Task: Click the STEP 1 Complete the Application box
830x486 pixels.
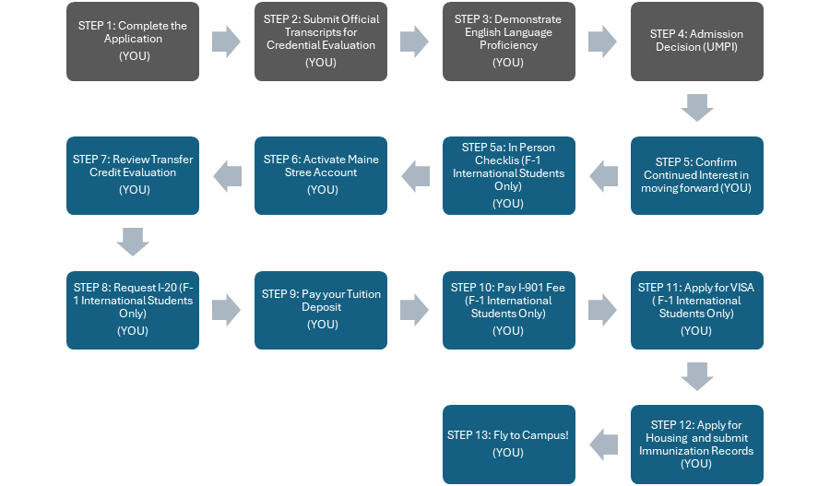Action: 133,41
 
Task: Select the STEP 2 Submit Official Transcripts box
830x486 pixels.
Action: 321,41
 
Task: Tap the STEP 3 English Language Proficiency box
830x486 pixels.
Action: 508,41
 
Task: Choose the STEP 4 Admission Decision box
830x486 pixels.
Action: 697,41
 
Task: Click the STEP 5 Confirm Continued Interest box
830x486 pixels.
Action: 697,175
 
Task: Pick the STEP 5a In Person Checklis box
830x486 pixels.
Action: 508,175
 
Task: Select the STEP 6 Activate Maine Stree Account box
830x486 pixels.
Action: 321,175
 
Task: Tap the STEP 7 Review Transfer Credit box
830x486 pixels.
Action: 133,175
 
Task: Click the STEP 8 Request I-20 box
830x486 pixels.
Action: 133,310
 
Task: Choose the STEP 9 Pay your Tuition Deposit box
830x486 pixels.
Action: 321,310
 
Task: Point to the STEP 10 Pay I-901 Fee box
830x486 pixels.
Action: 508,310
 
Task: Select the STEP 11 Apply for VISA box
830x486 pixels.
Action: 697,310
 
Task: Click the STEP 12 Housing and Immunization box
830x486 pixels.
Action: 697,444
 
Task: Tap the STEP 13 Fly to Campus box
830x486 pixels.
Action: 508,444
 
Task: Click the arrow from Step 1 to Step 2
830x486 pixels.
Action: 226,41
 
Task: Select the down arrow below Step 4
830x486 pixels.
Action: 697,109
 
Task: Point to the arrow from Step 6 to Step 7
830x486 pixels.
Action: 227,175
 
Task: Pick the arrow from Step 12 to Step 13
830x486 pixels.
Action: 603,444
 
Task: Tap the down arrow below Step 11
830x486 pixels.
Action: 697,376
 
